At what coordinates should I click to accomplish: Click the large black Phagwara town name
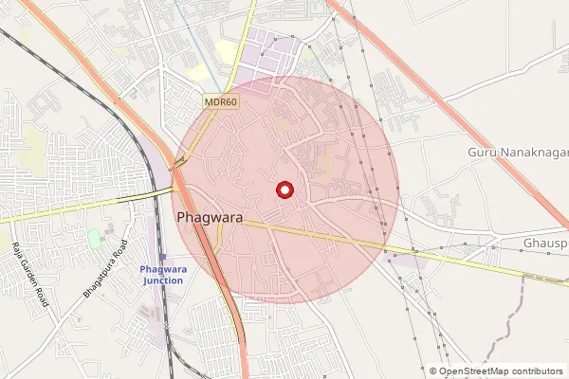click(210, 218)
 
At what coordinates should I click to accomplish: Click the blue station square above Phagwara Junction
click(162, 257)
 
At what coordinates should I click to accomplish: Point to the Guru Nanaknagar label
click(517, 152)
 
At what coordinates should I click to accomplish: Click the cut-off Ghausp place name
click(544, 244)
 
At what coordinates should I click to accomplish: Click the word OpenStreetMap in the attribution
click(476, 371)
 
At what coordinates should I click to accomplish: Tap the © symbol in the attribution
click(433, 371)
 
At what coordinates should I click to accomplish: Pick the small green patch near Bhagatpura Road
click(94, 236)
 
